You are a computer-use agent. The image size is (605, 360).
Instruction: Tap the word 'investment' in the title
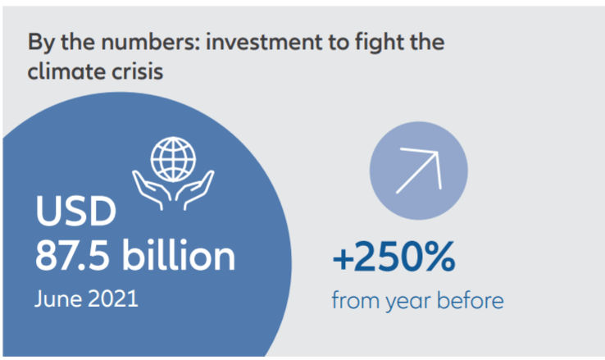click(264, 42)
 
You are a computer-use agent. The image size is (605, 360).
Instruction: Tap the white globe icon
click(173, 159)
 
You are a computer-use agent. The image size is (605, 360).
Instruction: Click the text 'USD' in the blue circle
click(75, 211)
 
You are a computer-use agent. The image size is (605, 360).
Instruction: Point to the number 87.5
click(72, 256)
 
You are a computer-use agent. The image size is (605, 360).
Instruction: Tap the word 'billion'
click(179, 255)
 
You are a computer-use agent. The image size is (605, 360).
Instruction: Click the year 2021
click(113, 298)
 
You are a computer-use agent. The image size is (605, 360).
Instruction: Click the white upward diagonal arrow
click(419, 171)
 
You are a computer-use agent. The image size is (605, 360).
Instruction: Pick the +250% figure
click(394, 256)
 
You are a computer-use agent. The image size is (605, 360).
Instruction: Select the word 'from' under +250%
click(355, 300)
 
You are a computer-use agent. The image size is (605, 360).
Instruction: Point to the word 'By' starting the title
click(41, 43)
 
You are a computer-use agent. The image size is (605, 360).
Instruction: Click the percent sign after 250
click(436, 256)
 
